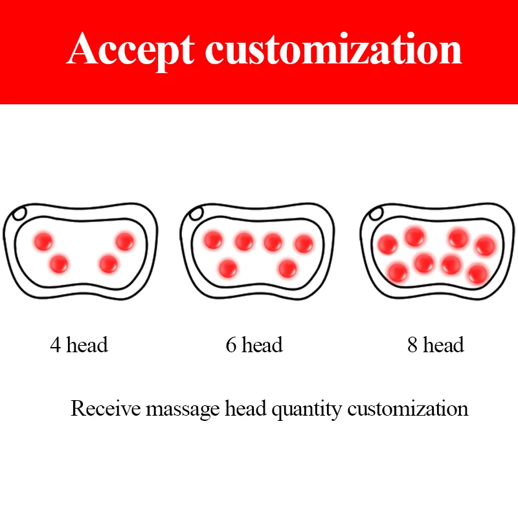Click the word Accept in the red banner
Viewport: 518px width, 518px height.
[131, 51]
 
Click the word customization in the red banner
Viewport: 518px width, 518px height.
[333, 49]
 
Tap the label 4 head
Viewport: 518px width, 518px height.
[79, 344]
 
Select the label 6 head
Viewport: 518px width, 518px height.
[254, 344]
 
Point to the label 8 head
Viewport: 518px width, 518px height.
[436, 344]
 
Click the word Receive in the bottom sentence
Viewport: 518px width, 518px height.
[106, 409]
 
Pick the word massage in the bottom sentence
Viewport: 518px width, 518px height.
[183, 410]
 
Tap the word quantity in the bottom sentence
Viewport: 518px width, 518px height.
[306, 410]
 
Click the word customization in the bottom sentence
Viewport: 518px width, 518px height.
[408, 409]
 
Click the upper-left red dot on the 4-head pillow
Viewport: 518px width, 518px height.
[43, 241]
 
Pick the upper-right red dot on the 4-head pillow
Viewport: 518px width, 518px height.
[125, 241]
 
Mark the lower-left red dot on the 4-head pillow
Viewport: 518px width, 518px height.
[59, 264]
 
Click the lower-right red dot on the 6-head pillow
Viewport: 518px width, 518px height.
[287, 268]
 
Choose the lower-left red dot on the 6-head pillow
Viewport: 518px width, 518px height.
[228, 268]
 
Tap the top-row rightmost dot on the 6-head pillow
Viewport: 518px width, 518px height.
[304, 243]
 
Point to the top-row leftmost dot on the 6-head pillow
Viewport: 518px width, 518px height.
[213, 240]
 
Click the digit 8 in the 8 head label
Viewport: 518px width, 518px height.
[412, 345]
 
